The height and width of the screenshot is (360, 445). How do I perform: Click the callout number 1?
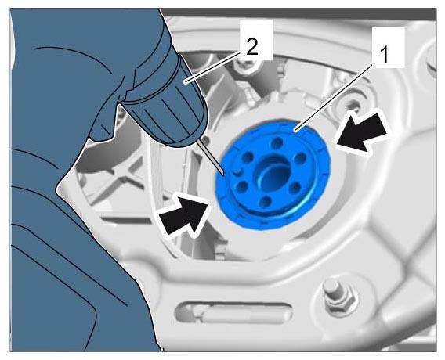(x=384, y=55)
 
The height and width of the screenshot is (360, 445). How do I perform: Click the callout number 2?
(x=252, y=47)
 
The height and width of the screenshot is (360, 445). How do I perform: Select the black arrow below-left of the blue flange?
(x=184, y=214)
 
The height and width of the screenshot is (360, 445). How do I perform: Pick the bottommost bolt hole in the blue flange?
(x=266, y=201)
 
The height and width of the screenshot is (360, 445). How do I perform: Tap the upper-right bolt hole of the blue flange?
(x=299, y=158)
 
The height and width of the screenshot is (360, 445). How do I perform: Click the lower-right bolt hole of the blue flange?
(x=295, y=188)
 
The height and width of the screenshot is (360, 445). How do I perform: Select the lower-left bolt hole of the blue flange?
(x=241, y=186)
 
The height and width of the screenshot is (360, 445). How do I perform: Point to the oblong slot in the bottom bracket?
(x=233, y=313)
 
